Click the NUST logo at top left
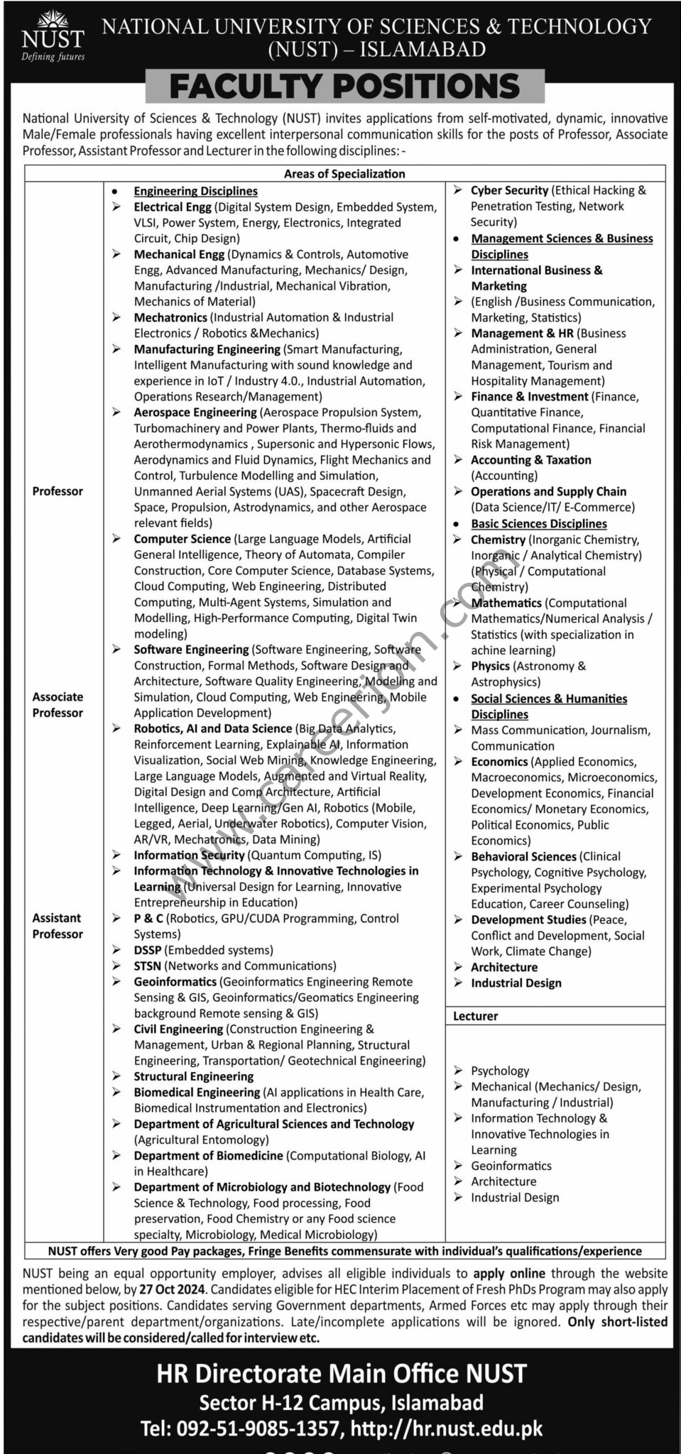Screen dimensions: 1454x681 53,35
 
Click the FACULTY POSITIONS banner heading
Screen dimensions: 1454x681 345,87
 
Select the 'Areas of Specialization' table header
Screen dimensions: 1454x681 344,174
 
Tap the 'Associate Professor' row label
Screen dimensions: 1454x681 58,705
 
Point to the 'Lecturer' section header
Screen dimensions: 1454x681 475,1016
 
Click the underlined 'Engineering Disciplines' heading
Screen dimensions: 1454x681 195,191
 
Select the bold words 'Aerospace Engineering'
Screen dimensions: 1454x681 195,412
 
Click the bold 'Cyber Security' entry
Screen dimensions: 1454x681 509,190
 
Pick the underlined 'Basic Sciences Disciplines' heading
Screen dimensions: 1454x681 539,524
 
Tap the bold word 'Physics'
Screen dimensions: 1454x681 490,666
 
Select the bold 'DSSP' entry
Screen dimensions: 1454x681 149,950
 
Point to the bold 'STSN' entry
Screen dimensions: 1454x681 148,966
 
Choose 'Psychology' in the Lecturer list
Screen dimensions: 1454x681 500,1071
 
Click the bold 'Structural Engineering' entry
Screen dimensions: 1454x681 193,1076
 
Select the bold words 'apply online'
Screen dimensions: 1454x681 510,1274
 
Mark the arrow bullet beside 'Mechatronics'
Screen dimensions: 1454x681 116,317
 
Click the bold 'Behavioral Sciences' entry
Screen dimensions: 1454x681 523,857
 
